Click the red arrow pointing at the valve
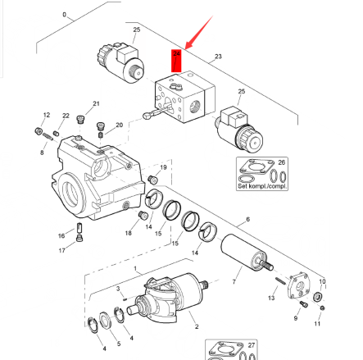(196, 35)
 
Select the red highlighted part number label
(175, 60)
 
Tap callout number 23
(218, 57)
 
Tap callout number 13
(272, 298)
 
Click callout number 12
(46, 115)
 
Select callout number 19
(163, 167)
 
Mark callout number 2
(197, 326)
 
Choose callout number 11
(318, 324)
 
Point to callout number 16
(61, 235)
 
